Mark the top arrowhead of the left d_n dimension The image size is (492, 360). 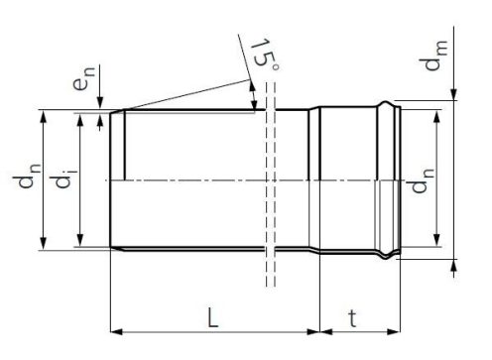coord(45,115)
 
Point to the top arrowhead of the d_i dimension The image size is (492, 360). coord(82,118)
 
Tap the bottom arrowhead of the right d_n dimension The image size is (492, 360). coord(433,244)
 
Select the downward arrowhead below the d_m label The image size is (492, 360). coord(453,95)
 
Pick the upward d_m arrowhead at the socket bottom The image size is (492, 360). coord(453,264)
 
